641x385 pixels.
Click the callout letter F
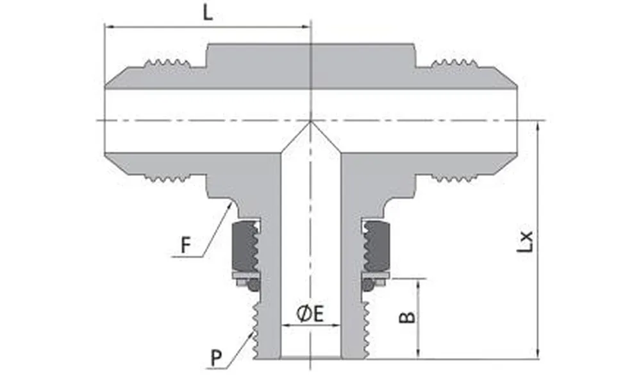186,245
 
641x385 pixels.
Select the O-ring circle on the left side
254,284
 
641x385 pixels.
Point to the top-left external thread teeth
168,63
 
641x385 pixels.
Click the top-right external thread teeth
454,63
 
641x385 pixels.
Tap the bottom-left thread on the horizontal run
168,178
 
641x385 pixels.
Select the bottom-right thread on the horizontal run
454,178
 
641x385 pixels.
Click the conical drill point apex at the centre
310,121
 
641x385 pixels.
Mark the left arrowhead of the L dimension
106,27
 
